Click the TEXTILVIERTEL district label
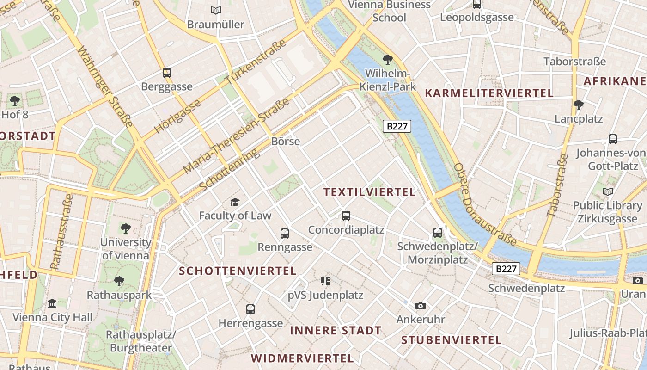(x=369, y=192)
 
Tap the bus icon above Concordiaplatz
(x=346, y=216)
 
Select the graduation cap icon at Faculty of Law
(x=235, y=202)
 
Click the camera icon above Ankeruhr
(x=420, y=306)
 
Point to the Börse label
(x=286, y=142)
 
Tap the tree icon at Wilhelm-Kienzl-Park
(x=388, y=59)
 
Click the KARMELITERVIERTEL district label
(x=489, y=93)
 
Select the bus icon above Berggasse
(x=166, y=73)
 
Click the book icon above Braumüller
(x=215, y=10)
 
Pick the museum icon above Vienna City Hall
(x=52, y=303)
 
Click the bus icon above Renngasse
(x=285, y=233)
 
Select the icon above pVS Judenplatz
(x=325, y=281)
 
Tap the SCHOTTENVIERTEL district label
(x=238, y=271)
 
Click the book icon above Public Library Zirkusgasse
(x=608, y=191)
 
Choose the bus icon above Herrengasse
(x=250, y=309)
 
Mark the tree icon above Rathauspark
(x=119, y=281)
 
